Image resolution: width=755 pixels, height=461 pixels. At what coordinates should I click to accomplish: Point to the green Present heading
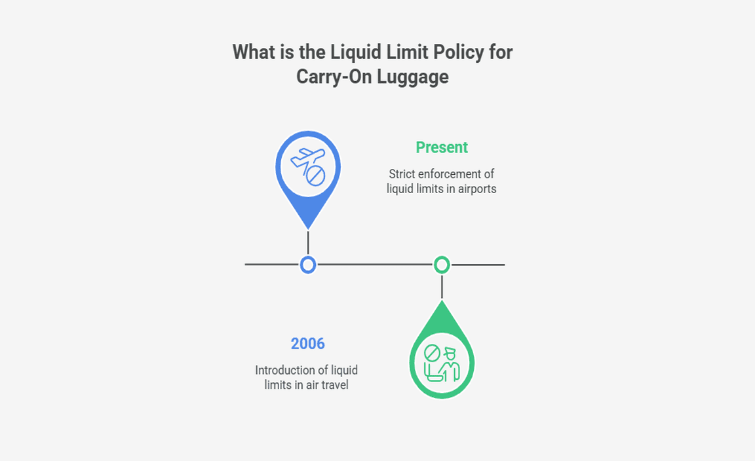click(442, 147)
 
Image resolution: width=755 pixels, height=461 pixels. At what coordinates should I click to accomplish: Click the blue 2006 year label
click(308, 344)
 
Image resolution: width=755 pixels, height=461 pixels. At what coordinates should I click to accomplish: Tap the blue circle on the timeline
click(308, 265)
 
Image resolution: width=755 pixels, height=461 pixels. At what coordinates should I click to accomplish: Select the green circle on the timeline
click(442, 265)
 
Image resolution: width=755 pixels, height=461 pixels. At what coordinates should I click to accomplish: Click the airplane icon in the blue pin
click(307, 157)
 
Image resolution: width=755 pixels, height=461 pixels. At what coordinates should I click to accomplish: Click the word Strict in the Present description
click(402, 174)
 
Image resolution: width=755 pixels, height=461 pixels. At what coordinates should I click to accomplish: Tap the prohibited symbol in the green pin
click(432, 354)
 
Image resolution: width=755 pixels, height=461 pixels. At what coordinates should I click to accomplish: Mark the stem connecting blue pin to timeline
click(308, 242)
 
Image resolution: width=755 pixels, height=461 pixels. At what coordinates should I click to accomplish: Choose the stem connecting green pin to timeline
click(442, 287)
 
